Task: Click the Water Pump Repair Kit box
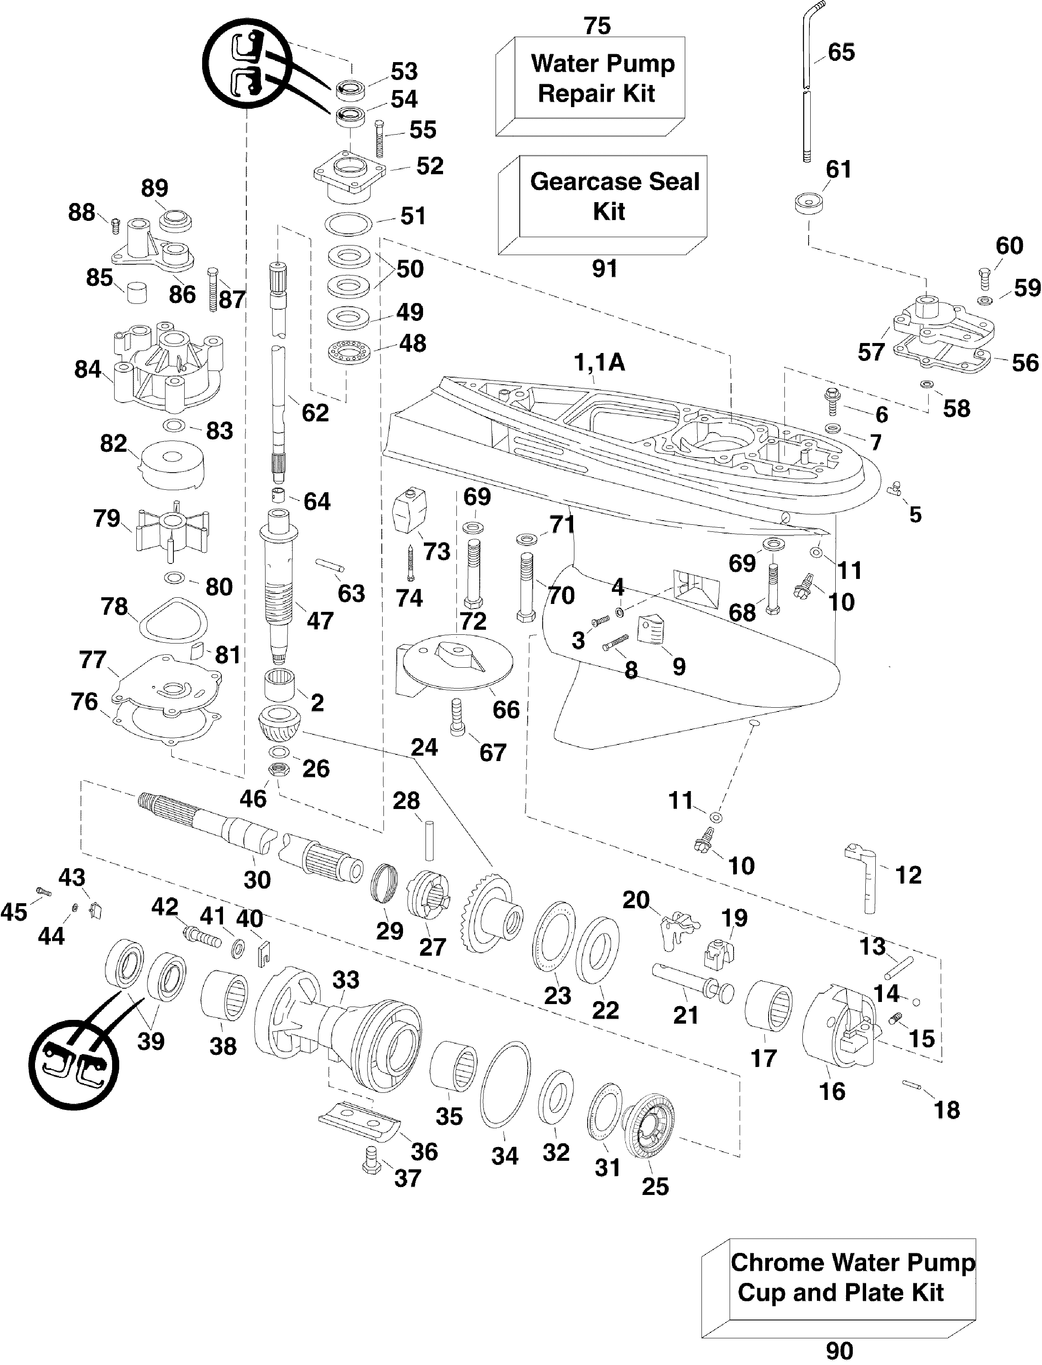click(x=596, y=80)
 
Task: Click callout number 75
click(x=597, y=25)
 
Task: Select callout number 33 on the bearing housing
click(x=346, y=980)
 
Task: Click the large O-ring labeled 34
click(x=506, y=1085)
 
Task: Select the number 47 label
click(x=320, y=620)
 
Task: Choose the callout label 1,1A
click(x=599, y=362)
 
